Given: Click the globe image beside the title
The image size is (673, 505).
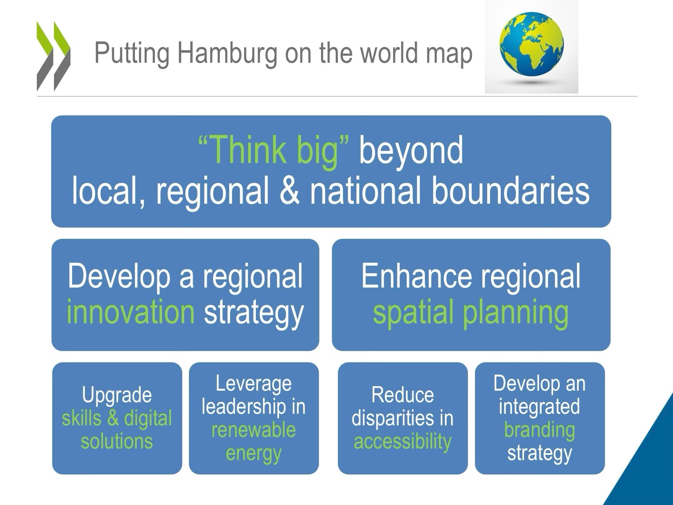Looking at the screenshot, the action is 531,47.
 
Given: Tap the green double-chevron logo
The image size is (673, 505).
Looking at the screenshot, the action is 53,56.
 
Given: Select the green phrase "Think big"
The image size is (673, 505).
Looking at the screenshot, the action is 274,151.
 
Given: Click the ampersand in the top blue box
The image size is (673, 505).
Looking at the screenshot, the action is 290,191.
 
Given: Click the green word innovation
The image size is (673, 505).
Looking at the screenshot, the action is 130,312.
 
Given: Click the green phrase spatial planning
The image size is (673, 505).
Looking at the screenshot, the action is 470,313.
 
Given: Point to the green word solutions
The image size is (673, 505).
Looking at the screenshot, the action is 117,441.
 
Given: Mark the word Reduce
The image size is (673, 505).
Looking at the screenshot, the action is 402,395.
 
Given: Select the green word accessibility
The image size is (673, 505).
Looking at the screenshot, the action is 402,442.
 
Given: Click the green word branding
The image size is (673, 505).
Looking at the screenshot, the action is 539,431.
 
